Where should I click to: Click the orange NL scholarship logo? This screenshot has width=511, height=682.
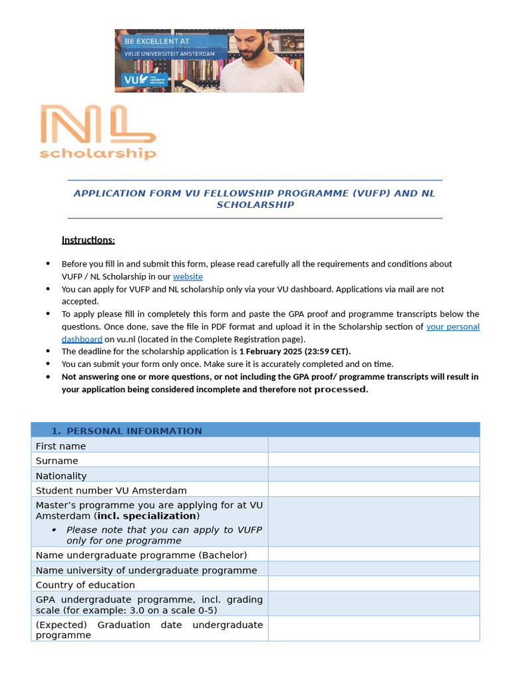tap(98, 133)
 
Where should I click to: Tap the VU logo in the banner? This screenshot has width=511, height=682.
tap(130, 80)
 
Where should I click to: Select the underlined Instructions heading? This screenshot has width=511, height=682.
tap(88, 240)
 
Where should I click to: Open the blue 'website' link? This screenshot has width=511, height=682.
tap(188, 276)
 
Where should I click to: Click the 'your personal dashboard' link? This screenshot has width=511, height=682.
tap(452, 326)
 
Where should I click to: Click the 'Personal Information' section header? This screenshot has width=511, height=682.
tap(134, 431)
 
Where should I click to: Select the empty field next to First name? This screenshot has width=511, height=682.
tap(373, 446)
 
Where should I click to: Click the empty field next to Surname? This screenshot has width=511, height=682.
tap(373, 460)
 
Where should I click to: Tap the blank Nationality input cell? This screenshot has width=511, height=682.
tap(373, 475)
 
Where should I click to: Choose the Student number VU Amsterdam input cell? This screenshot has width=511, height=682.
tap(373, 490)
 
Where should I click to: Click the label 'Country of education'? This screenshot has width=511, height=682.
tap(85, 585)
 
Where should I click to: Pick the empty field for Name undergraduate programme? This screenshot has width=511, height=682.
tap(373, 554)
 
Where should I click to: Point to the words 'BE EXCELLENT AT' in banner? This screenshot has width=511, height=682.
tap(157, 41)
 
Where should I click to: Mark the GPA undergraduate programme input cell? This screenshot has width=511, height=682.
tap(373, 603)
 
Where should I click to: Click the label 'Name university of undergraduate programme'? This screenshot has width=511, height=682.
tap(146, 570)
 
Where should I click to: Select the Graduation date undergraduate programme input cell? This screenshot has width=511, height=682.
tap(373, 629)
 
